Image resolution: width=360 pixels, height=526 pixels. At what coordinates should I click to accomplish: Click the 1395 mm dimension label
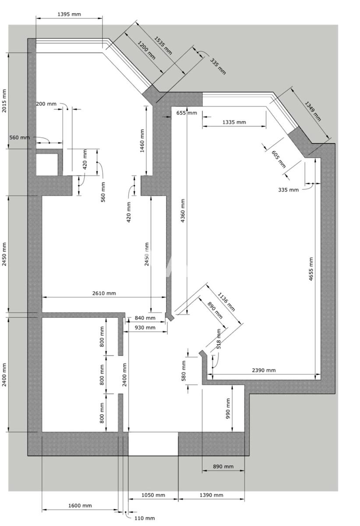click(69, 14)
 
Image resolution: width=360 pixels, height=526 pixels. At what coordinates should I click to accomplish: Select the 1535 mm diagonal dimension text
click(163, 45)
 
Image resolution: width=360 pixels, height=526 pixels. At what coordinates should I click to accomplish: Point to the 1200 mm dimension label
click(146, 50)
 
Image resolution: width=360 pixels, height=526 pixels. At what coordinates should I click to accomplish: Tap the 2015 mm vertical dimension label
click(4, 101)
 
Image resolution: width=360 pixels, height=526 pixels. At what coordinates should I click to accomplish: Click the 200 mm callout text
click(46, 104)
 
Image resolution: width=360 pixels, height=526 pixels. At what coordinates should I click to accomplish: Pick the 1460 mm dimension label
click(142, 141)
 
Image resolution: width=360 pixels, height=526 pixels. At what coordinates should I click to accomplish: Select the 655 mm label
click(187, 113)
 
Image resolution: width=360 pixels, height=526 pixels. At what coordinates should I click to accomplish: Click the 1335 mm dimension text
click(234, 122)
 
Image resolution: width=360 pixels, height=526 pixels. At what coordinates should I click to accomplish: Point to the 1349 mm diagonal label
click(313, 111)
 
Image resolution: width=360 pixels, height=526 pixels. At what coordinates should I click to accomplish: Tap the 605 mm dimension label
click(279, 160)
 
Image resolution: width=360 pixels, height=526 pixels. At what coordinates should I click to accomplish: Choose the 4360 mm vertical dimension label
click(183, 211)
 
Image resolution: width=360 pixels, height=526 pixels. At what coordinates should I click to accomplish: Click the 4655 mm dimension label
click(311, 269)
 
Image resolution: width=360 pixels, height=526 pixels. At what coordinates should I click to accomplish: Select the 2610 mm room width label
click(104, 293)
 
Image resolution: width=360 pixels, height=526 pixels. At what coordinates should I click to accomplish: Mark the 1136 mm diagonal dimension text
click(226, 302)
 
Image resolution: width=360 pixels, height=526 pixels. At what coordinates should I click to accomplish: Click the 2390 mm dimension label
click(264, 370)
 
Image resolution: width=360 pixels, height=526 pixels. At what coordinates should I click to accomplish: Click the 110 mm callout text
click(145, 518)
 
